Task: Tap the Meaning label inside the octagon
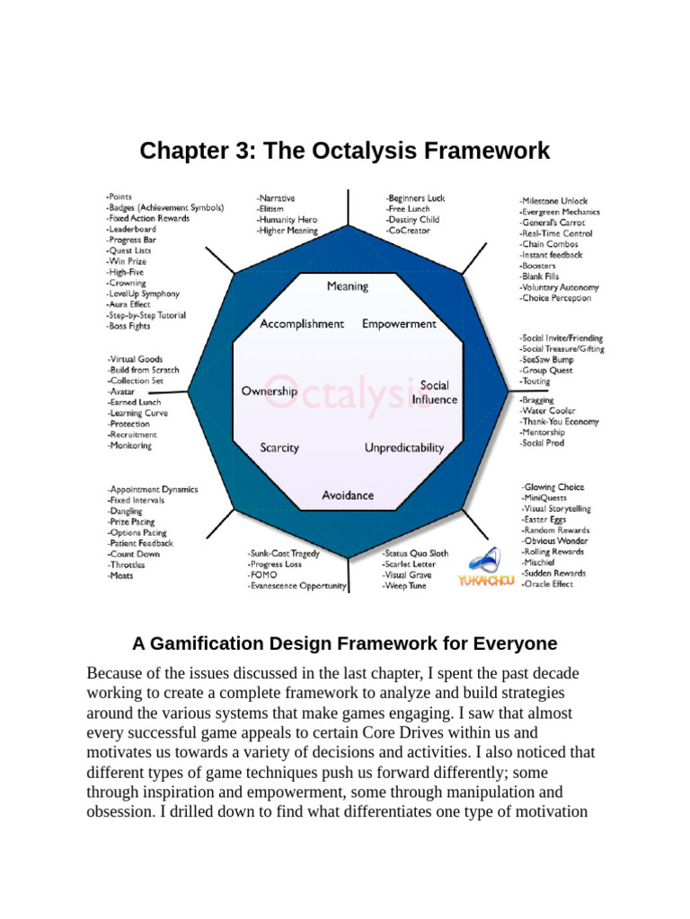pos(347,286)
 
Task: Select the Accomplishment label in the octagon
pos(301,324)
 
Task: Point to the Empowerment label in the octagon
pos(399,324)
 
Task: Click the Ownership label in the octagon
pos(269,391)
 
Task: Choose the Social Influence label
pos(434,392)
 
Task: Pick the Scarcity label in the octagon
pos(279,448)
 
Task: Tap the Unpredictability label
pos(403,448)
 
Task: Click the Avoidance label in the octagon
pos(348,495)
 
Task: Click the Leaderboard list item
pos(130,229)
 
